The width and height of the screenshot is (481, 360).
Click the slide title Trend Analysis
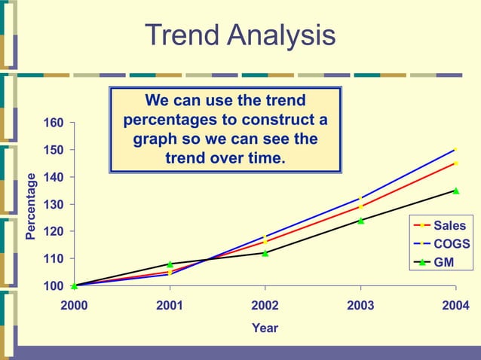pyautogui.click(x=240, y=35)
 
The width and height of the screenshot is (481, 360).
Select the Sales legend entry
pyautogui.click(x=450, y=225)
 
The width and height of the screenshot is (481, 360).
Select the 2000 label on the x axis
pyautogui.click(x=74, y=305)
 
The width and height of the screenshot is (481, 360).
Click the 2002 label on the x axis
pyautogui.click(x=265, y=305)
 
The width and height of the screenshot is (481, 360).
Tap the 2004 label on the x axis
pyautogui.click(x=455, y=305)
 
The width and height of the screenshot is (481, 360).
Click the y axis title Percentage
pyautogui.click(x=31, y=206)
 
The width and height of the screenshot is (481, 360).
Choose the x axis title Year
pyautogui.click(x=265, y=328)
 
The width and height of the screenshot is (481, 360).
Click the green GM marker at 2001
pyautogui.click(x=170, y=264)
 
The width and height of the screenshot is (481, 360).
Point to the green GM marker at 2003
pyautogui.click(x=360, y=221)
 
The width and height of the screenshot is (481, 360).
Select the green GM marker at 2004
pyautogui.click(x=455, y=191)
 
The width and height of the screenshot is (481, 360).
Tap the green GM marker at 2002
pyautogui.click(x=265, y=253)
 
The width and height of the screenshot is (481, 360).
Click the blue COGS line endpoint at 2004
pyautogui.click(x=455, y=150)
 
